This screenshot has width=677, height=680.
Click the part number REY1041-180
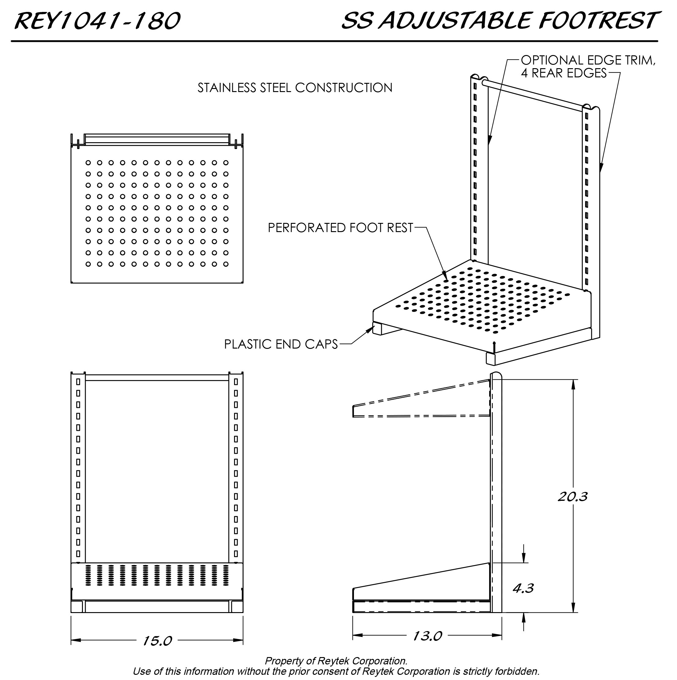(97, 21)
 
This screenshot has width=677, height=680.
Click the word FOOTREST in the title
(597, 20)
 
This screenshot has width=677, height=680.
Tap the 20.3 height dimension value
(572, 497)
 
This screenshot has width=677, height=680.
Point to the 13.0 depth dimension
(427, 636)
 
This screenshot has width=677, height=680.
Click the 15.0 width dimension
(157, 641)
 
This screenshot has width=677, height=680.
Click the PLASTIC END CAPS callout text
(281, 344)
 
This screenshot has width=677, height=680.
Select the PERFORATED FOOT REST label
(340, 228)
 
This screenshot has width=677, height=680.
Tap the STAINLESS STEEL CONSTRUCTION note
(295, 88)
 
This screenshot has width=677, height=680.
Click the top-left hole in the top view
(88, 163)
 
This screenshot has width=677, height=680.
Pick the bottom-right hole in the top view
(226, 264)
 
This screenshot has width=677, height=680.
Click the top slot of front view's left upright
(78, 382)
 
